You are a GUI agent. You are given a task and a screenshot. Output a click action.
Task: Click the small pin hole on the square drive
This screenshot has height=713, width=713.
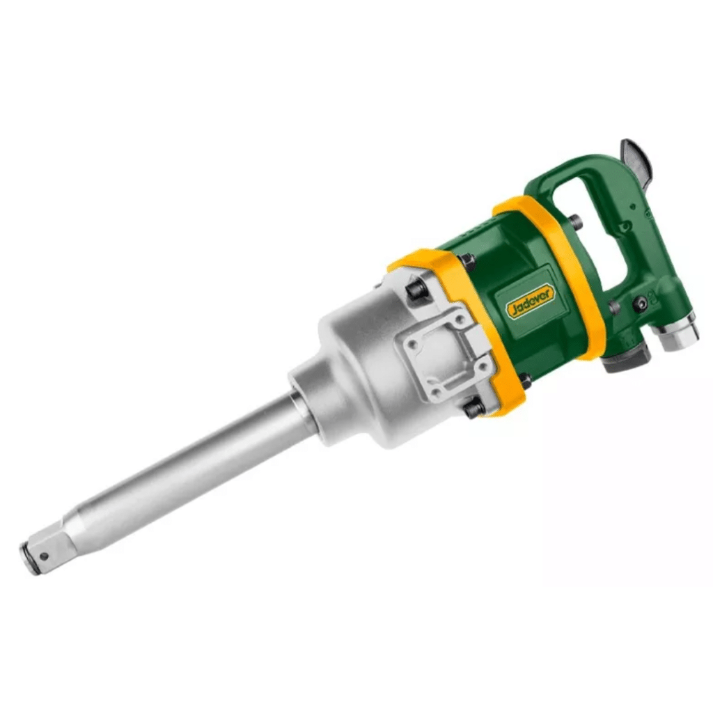[x=44, y=556]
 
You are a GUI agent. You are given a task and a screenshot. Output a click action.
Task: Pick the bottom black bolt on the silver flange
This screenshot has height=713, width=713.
[x=474, y=408]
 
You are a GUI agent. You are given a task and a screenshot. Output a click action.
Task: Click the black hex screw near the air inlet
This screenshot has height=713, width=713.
[x=639, y=304]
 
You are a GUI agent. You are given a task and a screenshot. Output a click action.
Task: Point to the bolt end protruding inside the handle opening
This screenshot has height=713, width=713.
[x=575, y=223]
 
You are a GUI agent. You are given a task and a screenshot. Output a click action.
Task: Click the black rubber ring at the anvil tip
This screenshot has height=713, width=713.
[x=26, y=560]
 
